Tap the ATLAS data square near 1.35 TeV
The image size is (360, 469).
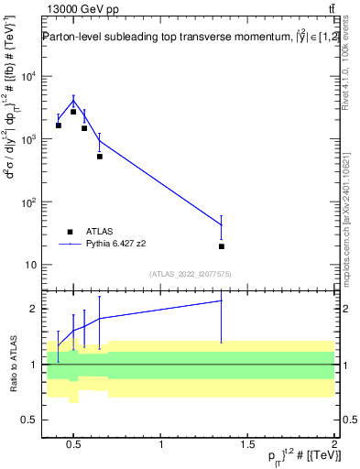click(x=222, y=246)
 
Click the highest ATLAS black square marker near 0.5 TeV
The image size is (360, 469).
click(x=73, y=112)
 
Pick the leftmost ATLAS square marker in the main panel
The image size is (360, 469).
click(x=59, y=125)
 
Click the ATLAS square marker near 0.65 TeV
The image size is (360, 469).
click(x=100, y=157)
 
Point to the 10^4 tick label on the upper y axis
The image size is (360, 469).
click(x=29, y=76)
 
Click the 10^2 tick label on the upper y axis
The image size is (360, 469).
click(x=29, y=202)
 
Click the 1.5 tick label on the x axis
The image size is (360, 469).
click(x=248, y=446)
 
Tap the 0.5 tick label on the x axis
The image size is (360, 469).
click(x=75, y=446)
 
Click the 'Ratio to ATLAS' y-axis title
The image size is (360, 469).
click(x=12, y=364)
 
